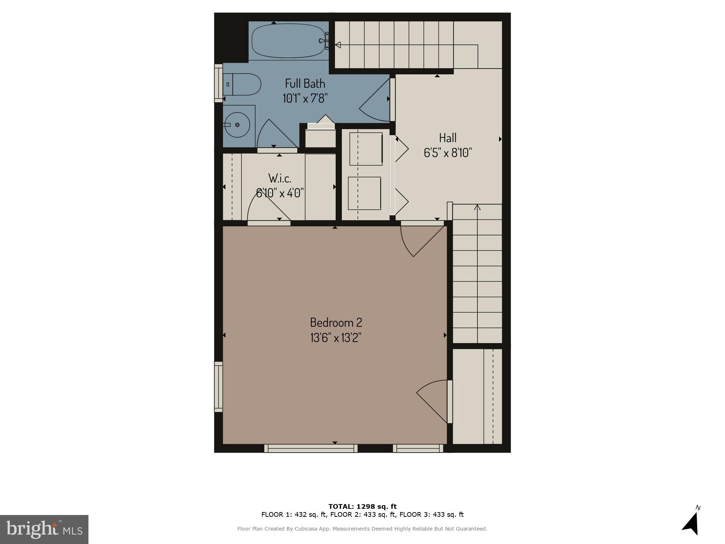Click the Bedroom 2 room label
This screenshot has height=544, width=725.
coord(336,322)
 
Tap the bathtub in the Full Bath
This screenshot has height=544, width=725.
coord(288,41)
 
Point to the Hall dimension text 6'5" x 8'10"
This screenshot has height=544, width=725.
coord(448,153)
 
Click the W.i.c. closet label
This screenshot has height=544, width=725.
coord(280,178)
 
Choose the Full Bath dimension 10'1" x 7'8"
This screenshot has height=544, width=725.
coord(305,98)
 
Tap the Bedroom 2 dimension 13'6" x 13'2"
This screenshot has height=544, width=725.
coord(336,338)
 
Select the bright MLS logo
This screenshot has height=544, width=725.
coord(44,529)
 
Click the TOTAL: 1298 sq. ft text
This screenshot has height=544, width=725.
coord(362,507)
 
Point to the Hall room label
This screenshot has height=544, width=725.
coord(448,138)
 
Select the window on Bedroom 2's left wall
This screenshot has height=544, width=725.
coord(218,387)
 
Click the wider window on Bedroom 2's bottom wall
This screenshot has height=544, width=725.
coord(311,449)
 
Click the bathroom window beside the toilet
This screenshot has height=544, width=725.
coord(218,83)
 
